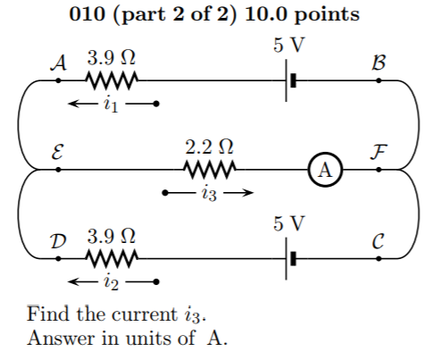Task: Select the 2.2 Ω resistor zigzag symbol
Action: [209, 170]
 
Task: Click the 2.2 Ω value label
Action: [209, 147]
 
